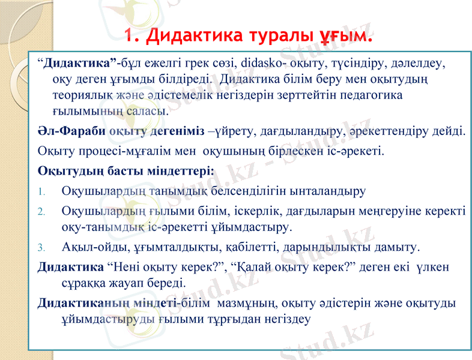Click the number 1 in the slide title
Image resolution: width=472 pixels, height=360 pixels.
click(x=131, y=34)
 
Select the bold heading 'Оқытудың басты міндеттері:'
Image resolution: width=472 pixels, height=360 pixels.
click(x=126, y=170)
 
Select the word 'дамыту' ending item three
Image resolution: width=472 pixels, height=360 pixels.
click(x=397, y=247)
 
